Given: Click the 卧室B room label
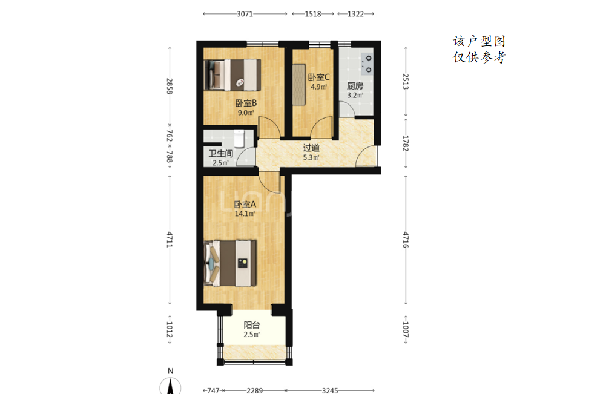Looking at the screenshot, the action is tap(246, 103).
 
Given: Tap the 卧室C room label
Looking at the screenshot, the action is tap(318, 77).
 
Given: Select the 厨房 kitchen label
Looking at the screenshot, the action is tap(355, 86).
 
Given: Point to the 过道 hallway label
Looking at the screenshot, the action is tap(311, 148).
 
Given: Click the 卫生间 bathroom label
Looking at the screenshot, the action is tap(221, 153).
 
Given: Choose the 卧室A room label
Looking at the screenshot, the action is tap(245, 205).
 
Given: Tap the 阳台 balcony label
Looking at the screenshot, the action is tap(251, 325).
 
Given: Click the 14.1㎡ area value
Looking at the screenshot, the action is tap(245, 214).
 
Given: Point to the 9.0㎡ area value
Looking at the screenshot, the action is tap(246, 113).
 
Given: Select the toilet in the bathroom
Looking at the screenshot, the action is tap(239, 139).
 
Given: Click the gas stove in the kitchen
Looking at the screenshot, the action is tap(367, 64).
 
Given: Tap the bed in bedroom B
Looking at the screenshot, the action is tap(232, 74).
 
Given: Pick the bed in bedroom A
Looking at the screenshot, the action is tap(230, 263).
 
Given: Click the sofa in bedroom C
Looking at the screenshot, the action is tap(299, 85).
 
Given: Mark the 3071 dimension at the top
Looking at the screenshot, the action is tap(245, 14).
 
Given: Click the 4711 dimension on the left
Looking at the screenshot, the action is tap(170, 239).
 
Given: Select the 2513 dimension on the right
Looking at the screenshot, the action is tap(406, 81).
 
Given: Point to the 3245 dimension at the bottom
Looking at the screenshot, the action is tap(330, 390).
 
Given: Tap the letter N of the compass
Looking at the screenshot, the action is tap(170, 371).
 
